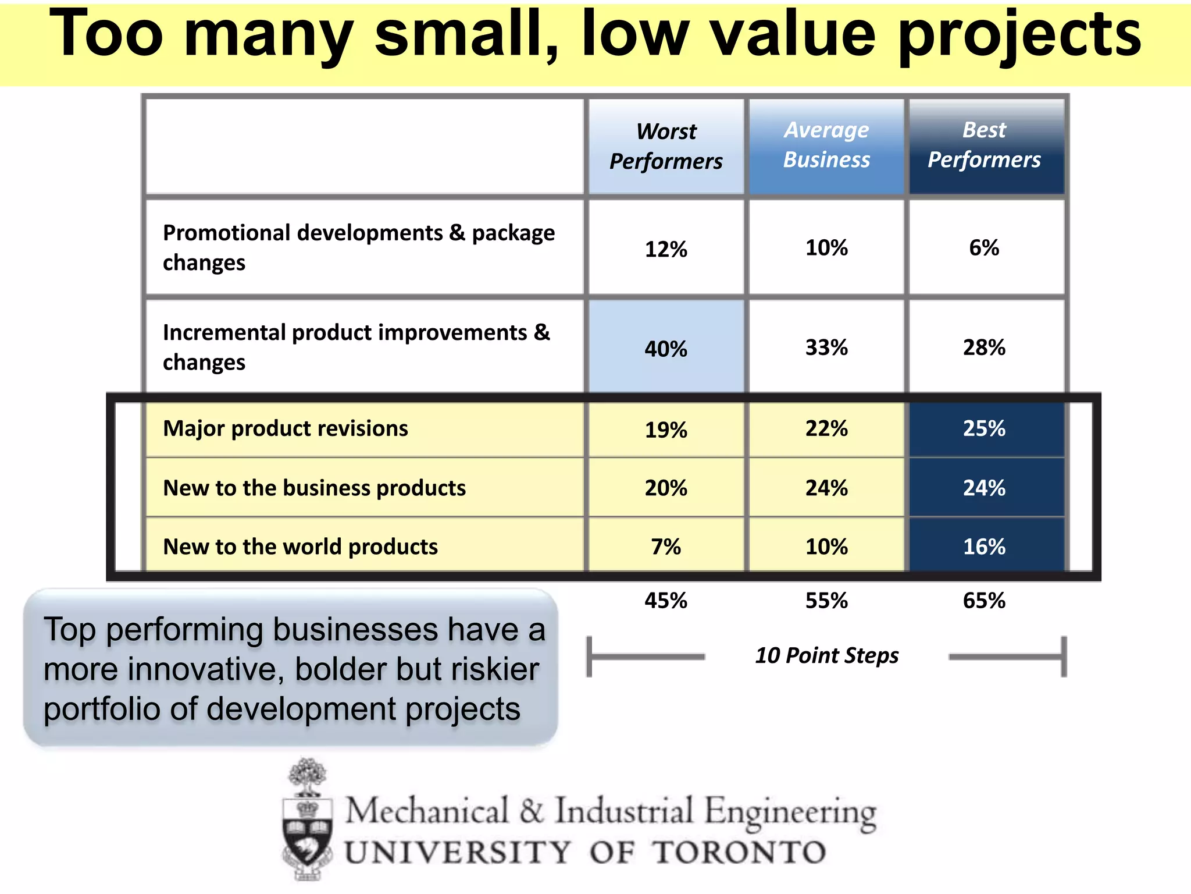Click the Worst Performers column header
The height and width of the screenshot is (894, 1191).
click(x=666, y=146)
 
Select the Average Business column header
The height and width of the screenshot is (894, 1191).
click(x=826, y=145)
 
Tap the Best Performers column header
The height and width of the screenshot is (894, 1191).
click(x=984, y=145)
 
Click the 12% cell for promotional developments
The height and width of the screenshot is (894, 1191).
click(x=666, y=249)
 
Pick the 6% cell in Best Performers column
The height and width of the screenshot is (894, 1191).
click(x=984, y=248)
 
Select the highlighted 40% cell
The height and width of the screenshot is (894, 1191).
click(x=666, y=349)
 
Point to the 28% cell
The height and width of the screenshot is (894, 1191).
click(x=984, y=347)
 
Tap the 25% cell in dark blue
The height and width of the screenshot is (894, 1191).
click(x=984, y=428)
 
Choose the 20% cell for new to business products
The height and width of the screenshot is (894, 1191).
click(x=666, y=488)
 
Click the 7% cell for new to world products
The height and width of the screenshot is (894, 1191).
click(x=666, y=547)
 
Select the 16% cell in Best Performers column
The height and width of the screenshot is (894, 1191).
click(x=984, y=547)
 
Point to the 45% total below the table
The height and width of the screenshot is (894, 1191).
click(x=666, y=601)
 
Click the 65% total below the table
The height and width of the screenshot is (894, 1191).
click(x=984, y=601)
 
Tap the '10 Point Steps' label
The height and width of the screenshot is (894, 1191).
click(x=826, y=655)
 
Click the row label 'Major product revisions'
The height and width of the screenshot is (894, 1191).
click(x=286, y=428)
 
